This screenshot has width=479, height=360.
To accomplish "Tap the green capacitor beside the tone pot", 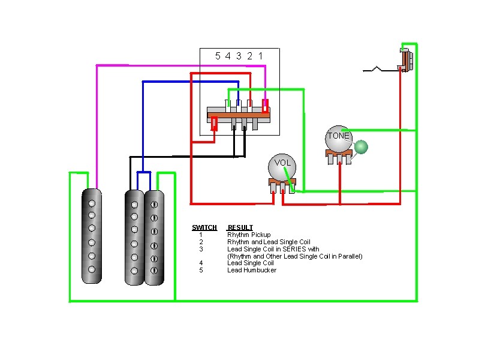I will click(361, 146).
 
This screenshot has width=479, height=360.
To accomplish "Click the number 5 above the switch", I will click(218, 56).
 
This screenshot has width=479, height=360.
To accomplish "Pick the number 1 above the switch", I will click(260, 56).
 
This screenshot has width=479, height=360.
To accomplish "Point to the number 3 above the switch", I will click(239, 56).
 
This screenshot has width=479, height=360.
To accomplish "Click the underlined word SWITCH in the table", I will click(204, 227).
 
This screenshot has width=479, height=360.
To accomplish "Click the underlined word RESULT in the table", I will click(240, 227).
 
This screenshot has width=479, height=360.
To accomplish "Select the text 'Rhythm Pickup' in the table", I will click(249, 235).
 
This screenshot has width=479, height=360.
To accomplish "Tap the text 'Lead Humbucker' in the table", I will click(252, 270).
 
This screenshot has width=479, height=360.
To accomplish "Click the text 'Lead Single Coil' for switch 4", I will click(251, 263).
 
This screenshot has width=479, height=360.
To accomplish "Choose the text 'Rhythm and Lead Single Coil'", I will click(269, 242).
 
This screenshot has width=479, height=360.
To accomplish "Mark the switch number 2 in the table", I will click(201, 242).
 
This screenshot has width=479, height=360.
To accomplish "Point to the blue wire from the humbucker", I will click(142, 120).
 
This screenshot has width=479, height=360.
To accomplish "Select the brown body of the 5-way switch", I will click(238, 113).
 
